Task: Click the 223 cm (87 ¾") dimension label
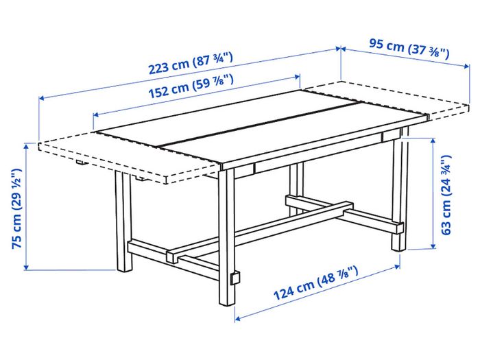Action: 191,63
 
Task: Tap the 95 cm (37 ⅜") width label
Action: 409,49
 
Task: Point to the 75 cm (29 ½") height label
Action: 17,208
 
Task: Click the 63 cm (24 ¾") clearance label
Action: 446,195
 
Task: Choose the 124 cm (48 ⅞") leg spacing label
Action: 315,283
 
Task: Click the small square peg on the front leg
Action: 235,278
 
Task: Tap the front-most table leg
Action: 227,236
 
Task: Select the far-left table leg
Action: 123,221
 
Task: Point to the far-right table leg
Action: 400,189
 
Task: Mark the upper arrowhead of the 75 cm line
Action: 26,146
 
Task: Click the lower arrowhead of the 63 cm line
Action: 433,245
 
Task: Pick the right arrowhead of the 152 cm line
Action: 297,77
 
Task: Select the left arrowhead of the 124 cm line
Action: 238,319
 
